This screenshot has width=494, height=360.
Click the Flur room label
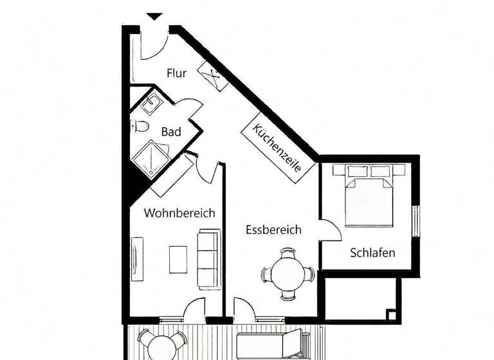click(x=176, y=73)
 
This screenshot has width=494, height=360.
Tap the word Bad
click(x=171, y=132)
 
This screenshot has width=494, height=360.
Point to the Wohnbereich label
click(x=179, y=213)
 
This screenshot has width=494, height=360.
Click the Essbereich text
click(x=273, y=230)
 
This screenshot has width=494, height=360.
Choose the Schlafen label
click(x=372, y=253)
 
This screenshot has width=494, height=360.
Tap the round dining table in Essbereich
click(x=287, y=274)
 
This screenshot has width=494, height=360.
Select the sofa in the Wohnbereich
click(x=208, y=258)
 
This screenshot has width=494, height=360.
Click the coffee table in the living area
click(x=178, y=259)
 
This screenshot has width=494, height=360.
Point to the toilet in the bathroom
click(x=140, y=126)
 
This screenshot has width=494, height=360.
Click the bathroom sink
click(x=152, y=103)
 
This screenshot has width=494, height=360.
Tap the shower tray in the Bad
click(x=149, y=157)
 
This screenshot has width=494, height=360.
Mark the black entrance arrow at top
click(x=154, y=16)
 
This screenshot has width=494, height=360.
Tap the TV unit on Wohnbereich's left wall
click(x=136, y=258)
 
